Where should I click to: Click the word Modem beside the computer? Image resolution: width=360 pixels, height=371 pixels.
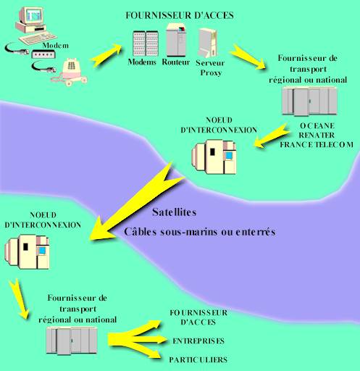coord(56,45)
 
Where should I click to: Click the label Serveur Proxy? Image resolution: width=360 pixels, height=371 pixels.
coord(211,67)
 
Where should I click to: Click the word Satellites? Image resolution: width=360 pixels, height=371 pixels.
coord(175,214)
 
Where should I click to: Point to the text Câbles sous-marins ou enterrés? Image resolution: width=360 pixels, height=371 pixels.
coord(200,233)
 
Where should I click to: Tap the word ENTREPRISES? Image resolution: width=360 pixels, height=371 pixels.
coord(198,341)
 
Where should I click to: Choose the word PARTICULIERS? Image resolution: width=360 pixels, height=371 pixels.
coord(200,359)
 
